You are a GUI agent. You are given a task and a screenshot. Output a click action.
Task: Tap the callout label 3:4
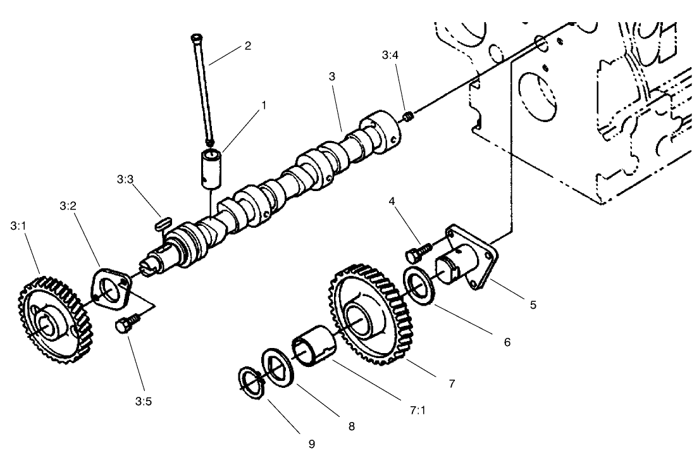click(x=390, y=55)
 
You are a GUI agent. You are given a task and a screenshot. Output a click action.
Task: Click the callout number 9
click(x=311, y=443)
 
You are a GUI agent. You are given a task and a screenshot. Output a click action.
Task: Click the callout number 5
click(x=533, y=305)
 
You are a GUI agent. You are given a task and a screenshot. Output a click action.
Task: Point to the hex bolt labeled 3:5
click(x=125, y=326)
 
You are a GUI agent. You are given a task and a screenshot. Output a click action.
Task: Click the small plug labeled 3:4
click(x=408, y=116)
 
